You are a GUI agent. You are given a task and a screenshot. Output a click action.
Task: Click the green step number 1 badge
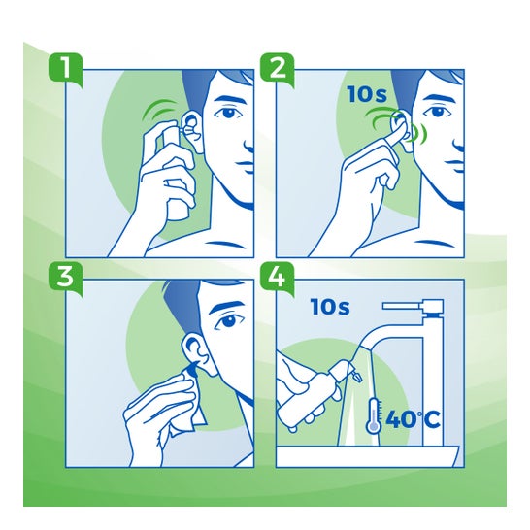[x=66, y=70]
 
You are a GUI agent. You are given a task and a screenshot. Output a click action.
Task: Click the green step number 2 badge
[x=278, y=70]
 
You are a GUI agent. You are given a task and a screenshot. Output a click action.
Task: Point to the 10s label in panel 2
[x=367, y=94]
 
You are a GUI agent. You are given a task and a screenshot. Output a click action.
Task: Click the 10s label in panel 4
[x=330, y=307]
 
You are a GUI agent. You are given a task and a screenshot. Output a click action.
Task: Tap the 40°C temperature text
[x=413, y=419]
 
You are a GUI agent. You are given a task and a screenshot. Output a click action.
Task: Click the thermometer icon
[x=374, y=415]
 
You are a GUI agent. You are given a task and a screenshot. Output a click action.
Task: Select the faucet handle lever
[x=413, y=306]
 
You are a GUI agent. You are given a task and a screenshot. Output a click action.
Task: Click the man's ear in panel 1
[x=192, y=130]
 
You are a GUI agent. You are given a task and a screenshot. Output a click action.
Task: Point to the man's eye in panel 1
[x=229, y=112]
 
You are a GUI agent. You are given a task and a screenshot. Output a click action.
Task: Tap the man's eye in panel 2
[x=439, y=112]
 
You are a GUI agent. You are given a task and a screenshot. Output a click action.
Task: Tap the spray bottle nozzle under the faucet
[x=356, y=376]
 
